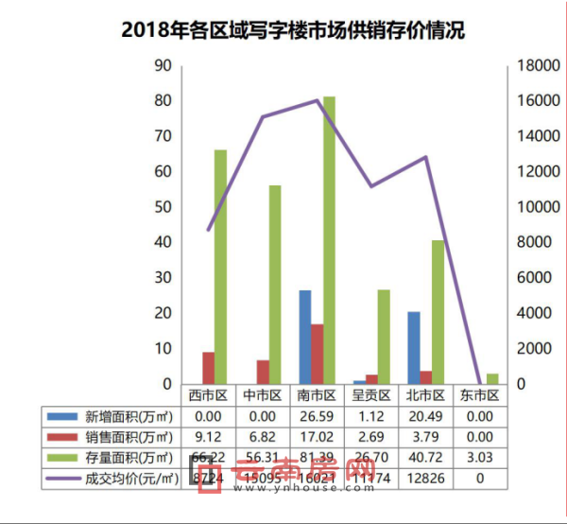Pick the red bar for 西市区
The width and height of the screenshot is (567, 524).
pyautogui.click(x=208, y=368)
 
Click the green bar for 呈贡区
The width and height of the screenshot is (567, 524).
pyautogui.click(x=384, y=337)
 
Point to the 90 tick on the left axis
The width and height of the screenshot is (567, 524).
pyautogui.click(x=163, y=65)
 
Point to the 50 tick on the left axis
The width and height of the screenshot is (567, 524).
pyautogui.click(x=163, y=207)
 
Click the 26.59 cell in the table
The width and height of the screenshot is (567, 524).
pyautogui.click(x=317, y=416)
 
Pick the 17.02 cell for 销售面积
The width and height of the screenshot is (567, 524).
pyautogui.click(x=317, y=437)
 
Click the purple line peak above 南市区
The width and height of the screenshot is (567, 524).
pyautogui.click(x=318, y=100)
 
